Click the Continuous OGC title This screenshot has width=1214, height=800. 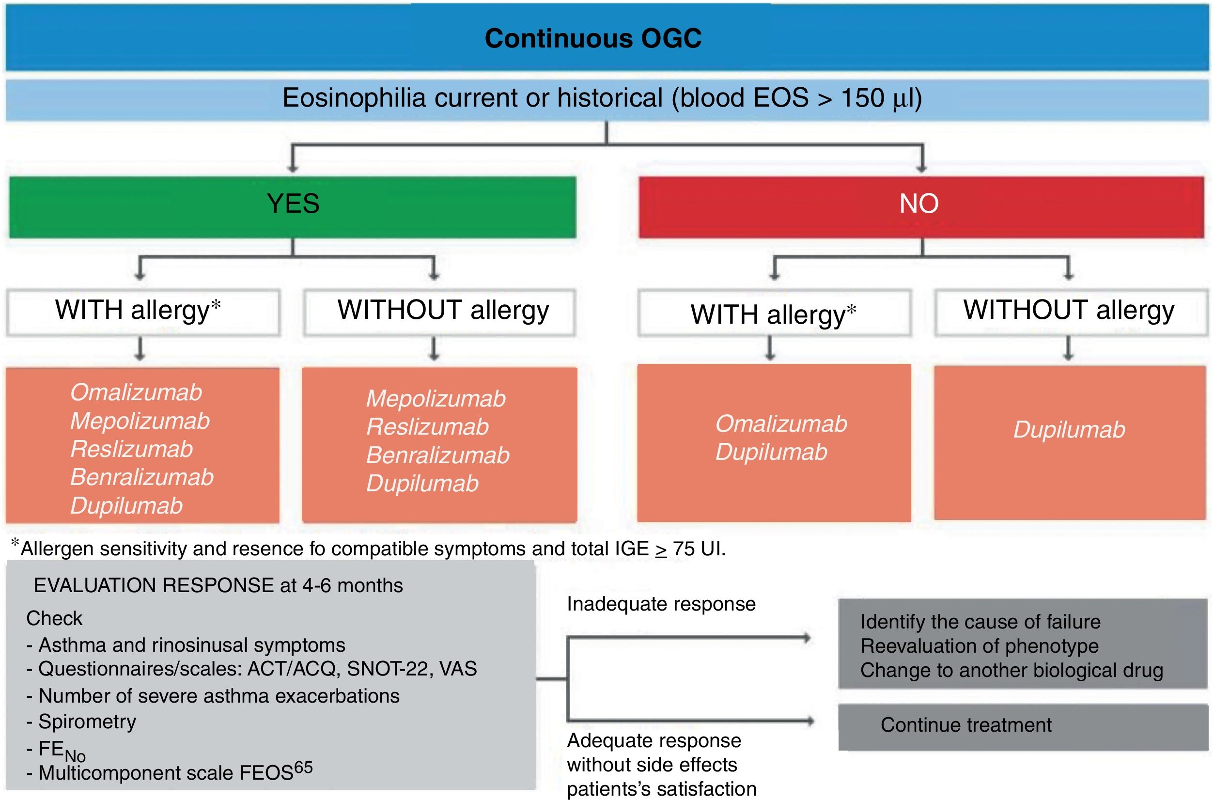[x=593, y=38]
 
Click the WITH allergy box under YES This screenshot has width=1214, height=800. [x=143, y=311]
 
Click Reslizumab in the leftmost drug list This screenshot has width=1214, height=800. [x=132, y=449]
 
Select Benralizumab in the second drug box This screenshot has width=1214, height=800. [x=437, y=455]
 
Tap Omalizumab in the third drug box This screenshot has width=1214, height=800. [x=781, y=424]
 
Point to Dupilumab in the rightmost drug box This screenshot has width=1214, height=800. [x=1069, y=430]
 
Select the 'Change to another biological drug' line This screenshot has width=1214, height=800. [x=1012, y=670]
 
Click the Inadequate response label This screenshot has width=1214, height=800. [x=661, y=604]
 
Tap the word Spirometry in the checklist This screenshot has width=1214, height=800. [x=87, y=722]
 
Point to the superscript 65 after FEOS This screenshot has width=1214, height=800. [x=303, y=768]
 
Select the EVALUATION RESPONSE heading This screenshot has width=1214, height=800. [x=218, y=585]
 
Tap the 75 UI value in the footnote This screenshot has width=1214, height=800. [x=698, y=549]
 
